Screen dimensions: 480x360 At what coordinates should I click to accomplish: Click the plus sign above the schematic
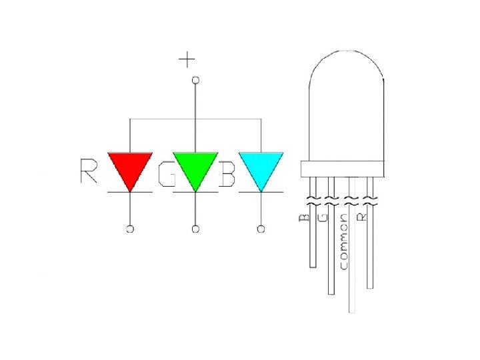point(187,60)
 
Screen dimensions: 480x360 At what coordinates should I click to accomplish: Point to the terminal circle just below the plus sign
point(195,80)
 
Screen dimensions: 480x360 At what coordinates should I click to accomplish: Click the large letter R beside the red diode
point(89,171)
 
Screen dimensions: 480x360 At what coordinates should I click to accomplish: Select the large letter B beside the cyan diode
point(228,175)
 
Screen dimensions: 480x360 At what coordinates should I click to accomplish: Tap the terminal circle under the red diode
point(130,229)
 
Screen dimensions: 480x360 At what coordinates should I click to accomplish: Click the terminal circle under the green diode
point(195,229)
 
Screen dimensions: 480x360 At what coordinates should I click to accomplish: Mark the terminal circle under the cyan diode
point(261,229)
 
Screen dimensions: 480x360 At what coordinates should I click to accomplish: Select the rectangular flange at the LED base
point(343,169)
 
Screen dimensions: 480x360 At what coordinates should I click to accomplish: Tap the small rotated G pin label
point(324,217)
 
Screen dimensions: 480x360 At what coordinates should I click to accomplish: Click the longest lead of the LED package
point(352,280)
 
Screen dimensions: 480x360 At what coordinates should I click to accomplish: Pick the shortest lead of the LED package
point(313,247)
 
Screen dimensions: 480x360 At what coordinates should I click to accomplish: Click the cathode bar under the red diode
point(130,192)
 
